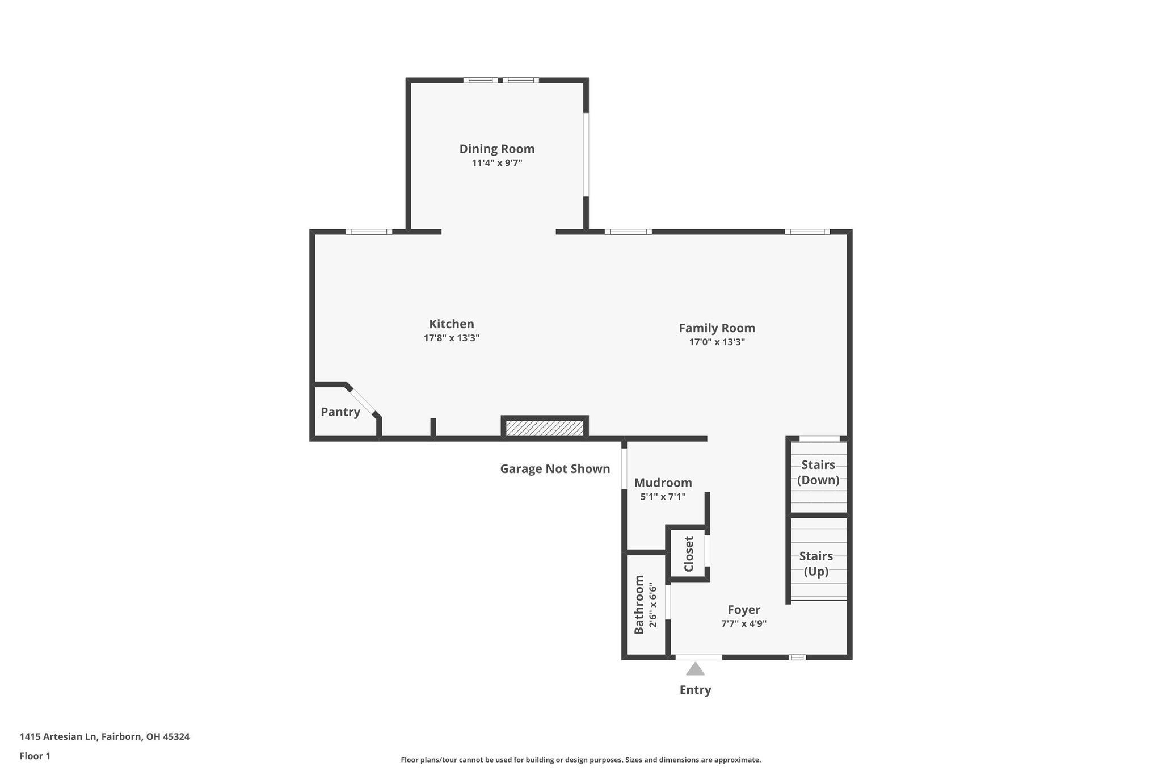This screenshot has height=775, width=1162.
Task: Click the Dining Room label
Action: pos(496,149)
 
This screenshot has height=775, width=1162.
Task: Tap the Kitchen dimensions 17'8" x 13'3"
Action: pos(452,338)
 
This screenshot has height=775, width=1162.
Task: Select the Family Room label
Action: pos(717,328)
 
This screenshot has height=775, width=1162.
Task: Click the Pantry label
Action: pos(340,412)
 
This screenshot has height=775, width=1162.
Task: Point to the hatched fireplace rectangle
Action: pos(544,428)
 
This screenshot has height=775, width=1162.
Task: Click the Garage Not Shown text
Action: pos(555,469)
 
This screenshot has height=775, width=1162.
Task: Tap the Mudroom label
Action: pos(663,483)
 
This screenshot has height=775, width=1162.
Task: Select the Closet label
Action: pos(689,554)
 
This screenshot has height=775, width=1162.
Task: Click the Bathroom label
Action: pos(639,605)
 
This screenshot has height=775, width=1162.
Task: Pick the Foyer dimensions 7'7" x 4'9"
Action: pos(743,623)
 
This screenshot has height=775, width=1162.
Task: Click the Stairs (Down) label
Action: pos(818,472)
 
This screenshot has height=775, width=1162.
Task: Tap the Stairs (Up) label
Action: pos(816,563)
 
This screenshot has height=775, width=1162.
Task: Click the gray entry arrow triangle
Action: pos(695,669)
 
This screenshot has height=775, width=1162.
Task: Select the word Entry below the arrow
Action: pos(695,690)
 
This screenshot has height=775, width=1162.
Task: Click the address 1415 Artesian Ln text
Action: pos(104,736)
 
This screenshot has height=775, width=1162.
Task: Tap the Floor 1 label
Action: pos(35,756)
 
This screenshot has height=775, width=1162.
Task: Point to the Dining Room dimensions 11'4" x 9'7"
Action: pos(496,163)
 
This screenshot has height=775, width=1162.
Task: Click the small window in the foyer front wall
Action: pos(797,657)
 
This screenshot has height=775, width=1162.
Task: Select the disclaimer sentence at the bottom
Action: pos(580,760)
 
